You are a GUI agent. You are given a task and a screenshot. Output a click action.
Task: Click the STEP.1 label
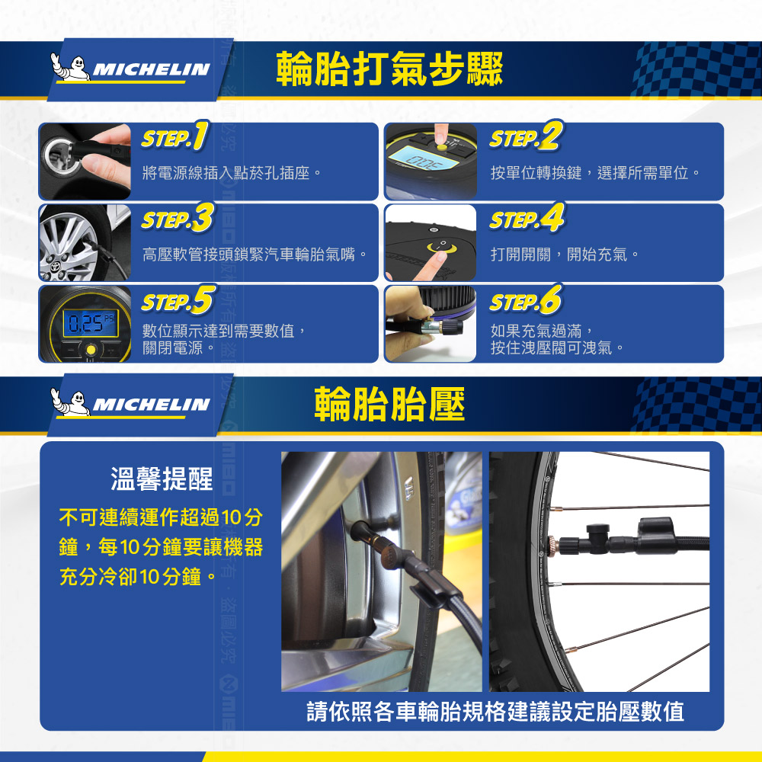click(175, 136)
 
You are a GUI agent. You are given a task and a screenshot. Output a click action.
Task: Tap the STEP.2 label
click(527, 136)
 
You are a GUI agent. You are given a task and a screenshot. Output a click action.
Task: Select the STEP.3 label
click(178, 218)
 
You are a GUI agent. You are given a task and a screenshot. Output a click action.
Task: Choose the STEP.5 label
click(178, 299)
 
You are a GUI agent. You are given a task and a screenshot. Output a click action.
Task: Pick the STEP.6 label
click(527, 299)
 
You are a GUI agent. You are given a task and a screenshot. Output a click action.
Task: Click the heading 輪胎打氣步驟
click(389, 69)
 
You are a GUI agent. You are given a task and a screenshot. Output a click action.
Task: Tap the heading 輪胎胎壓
click(389, 404)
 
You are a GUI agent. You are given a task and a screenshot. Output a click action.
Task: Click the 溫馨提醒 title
click(162, 479)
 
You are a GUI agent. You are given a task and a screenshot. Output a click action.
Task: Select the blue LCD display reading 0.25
click(91, 323)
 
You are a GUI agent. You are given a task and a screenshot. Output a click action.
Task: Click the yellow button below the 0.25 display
click(91, 350)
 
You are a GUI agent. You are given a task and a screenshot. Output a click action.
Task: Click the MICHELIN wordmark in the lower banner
click(151, 405)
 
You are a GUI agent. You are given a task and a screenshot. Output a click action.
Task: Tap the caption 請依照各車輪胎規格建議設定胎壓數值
click(495, 712)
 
